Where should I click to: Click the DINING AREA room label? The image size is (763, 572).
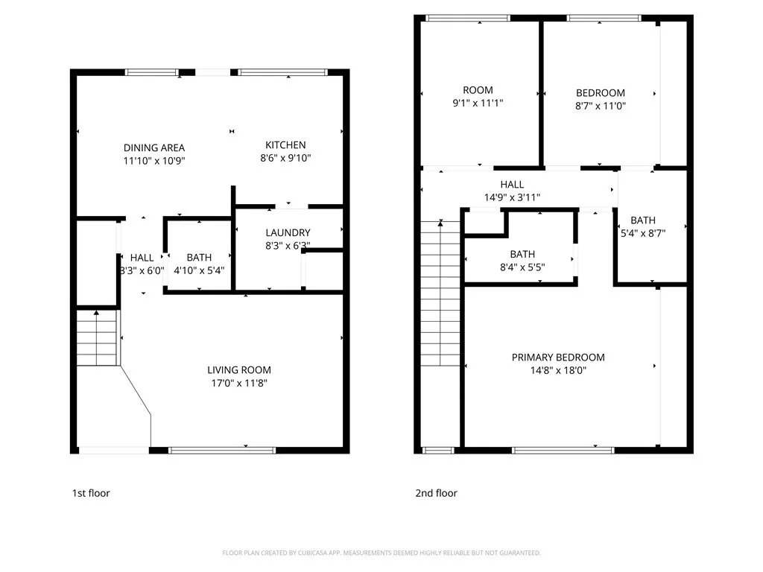pos(153,147)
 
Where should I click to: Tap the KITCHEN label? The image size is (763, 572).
pos(285,144)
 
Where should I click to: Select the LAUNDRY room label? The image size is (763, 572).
pos(288,232)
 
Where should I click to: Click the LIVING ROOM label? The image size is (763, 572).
pos(238,369)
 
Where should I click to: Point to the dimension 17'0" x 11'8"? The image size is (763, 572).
pos(238,383)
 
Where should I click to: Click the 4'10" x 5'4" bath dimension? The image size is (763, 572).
pos(199,271)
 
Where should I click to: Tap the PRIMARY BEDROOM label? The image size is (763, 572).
pos(558,357)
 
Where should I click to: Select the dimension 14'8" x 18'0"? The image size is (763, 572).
pos(558,370)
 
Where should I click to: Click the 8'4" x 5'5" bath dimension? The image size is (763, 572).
pos(522,267)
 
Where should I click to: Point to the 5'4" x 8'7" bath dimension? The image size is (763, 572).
pos(643,232)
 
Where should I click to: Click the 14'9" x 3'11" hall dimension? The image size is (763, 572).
pos(512,197)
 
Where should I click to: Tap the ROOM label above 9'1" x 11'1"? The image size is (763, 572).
pos(478,90)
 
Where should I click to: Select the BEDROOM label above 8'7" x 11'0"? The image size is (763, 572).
pos(601,92)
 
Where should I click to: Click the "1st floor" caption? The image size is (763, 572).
pos(91,493)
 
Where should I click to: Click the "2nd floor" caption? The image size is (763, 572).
pos(436,493)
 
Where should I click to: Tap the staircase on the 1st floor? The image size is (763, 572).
pos(98,338)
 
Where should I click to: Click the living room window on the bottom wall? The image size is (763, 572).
pos(221,450)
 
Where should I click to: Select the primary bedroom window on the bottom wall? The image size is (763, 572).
pos(563,450)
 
